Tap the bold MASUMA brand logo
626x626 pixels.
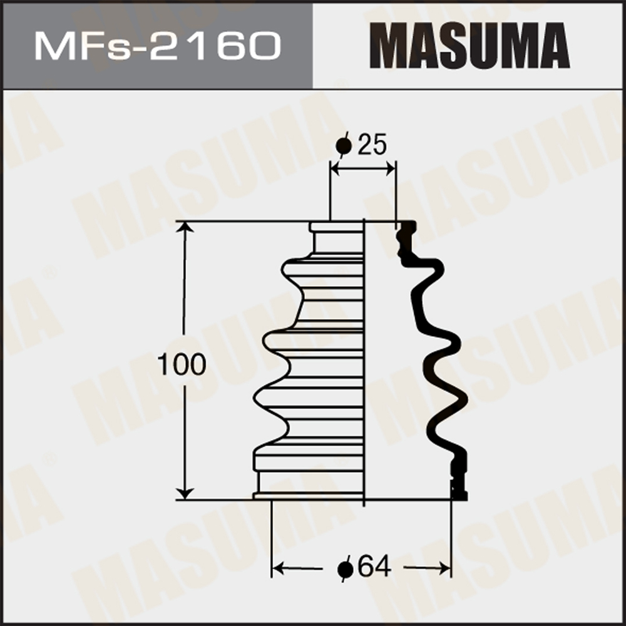click(469, 46)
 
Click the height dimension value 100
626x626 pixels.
click(182, 364)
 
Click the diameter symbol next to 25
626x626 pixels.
click(344, 146)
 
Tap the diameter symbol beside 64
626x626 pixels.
click(346, 568)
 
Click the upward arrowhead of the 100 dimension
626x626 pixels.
click(185, 227)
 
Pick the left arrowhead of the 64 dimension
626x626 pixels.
click(277, 567)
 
